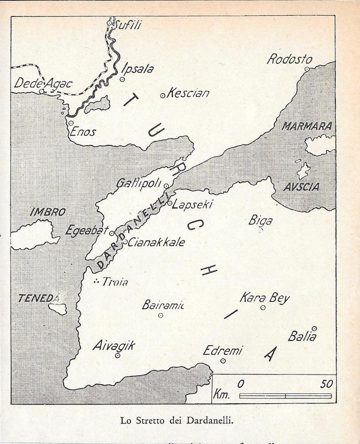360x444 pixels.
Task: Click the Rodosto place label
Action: [x=290, y=60]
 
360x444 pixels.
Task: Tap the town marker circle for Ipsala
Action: [x=122, y=80]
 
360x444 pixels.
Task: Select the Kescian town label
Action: [x=188, y=94]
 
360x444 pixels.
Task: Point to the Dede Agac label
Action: [x=43, y=84]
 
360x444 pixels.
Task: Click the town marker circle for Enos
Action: [x=71, y=123]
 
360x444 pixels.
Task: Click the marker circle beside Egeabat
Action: [x=112, y=233]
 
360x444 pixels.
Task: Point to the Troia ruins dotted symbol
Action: [x=96, y=282]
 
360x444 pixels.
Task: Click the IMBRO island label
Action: [x=48, y=212]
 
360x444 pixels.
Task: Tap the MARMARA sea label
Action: [x=307, y=126]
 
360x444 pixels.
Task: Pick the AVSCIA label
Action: [x=301, y=187]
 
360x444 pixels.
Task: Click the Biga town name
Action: [x=260, y=221]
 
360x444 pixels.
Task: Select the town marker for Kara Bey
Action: [x=263, y=308]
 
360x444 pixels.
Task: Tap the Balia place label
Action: [x=302, y=337]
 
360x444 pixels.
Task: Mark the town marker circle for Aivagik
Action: [x=118, y=356]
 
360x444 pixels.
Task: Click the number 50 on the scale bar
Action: [x=326, y=384]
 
